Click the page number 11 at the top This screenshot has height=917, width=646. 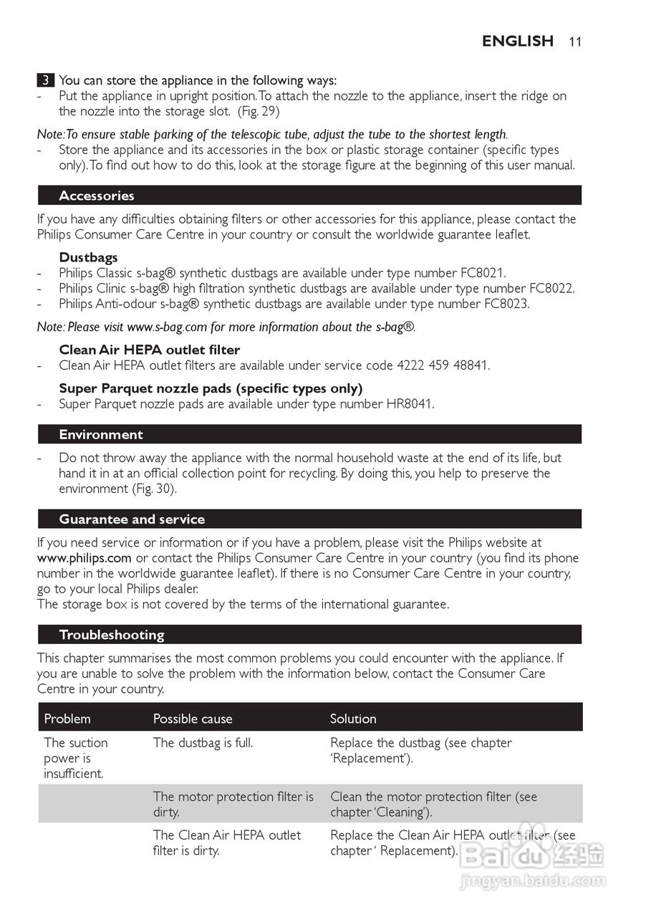575,42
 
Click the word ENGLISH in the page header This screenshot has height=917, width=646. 518,42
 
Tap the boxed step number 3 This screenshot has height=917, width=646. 45,80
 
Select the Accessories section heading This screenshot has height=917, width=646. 97,196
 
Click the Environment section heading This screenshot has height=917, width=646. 101,434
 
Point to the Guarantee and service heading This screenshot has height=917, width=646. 132,519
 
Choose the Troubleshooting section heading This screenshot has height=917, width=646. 112,635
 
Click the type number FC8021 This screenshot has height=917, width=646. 482,273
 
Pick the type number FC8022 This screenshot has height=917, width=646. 551,288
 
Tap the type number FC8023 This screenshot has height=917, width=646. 506,304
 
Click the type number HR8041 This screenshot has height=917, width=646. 410,404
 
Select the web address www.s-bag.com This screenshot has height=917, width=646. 167,327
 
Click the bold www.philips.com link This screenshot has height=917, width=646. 85,558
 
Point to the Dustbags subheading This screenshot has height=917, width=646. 88,257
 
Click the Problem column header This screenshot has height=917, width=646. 67,719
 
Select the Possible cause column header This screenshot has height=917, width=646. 193,719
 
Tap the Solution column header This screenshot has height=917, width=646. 353,719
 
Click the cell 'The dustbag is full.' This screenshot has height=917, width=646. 203,743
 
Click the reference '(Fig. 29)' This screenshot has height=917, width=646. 259,111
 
